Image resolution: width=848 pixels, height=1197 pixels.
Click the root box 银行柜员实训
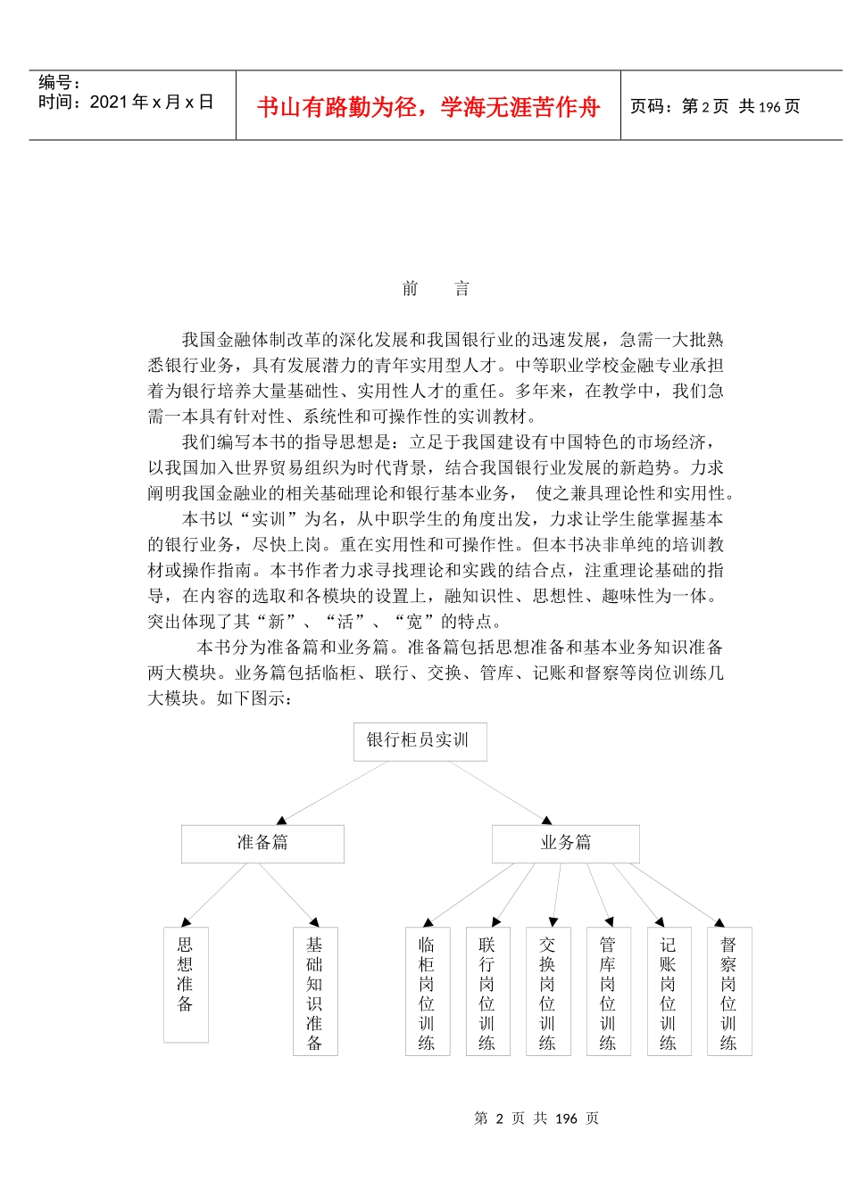click(x=420, y=741)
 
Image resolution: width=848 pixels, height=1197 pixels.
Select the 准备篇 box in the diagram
click(x=262, y=843)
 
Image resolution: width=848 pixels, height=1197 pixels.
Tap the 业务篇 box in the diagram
click(x=565, y=843)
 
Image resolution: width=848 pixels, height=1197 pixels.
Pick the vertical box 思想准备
click(x=186, y=984)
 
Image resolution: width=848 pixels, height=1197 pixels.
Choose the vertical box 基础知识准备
click(x=315, y=991)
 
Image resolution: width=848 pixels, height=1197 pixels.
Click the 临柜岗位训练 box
click(x=427, y=991)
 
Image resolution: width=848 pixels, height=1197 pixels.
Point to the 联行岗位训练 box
click(x=487, y=991)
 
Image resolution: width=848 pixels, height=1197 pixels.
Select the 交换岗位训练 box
click(x=547, y=991)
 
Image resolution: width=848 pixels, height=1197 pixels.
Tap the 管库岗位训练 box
click(x=608, y=991)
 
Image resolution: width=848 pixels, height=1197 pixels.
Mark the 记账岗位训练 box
click(x=669, y=991)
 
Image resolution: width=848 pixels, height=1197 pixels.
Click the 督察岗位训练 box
click(x=729, y=991)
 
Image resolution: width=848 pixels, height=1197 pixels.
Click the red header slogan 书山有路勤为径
click(x=428, y=108)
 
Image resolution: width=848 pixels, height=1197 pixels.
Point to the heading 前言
click(x=436, y=288)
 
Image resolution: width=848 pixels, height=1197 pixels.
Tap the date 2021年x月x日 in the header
click(x=126, y=103)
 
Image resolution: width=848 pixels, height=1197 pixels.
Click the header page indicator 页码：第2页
click(x=679, y=107)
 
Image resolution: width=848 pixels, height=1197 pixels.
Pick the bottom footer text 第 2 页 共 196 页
click(x=536, y=1119)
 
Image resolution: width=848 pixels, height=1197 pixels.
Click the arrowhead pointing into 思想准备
click(x=186, y=922)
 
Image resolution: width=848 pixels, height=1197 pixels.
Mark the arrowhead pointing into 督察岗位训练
click(x=719, y=921)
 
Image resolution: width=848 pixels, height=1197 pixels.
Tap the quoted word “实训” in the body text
click(x=268, y=519)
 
